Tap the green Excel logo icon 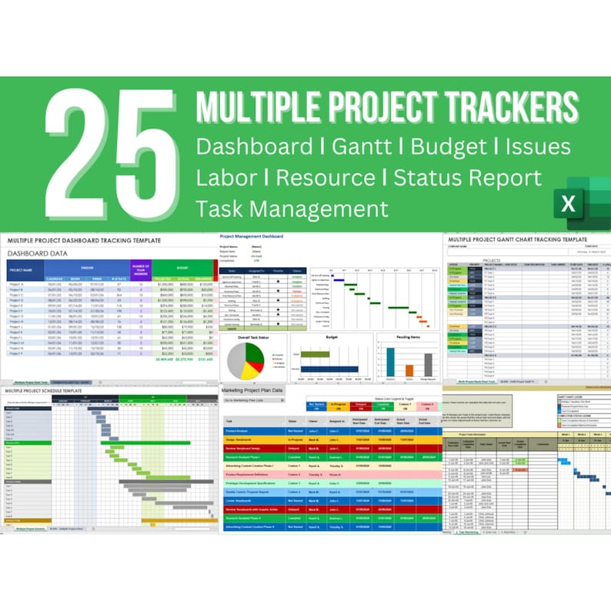pos(574,204)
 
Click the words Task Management pos(292,208)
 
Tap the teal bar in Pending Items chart pos(390,362)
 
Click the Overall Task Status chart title pos(254,337)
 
